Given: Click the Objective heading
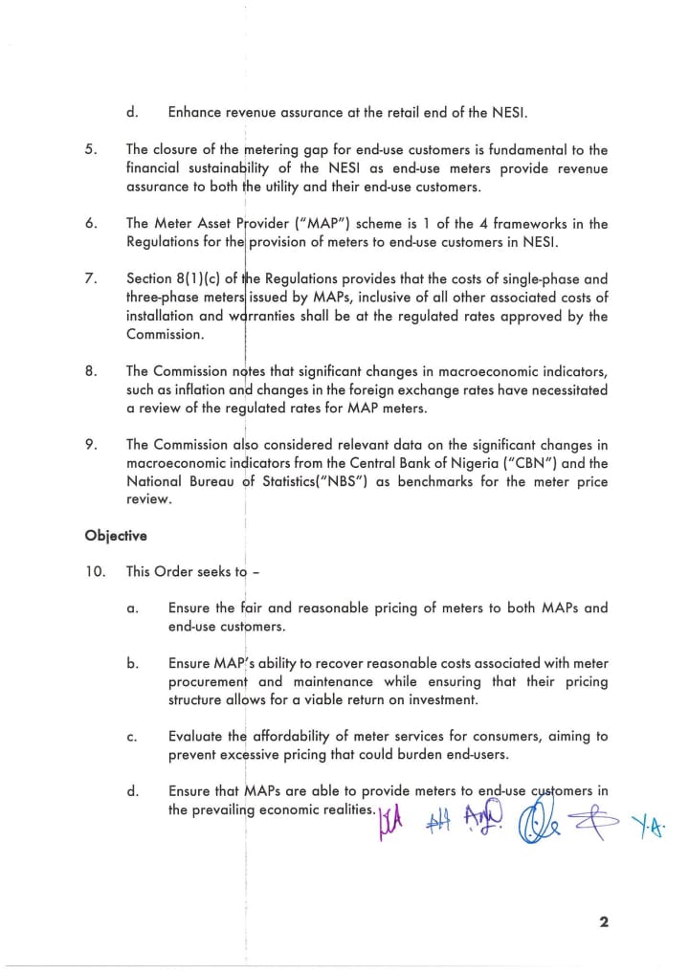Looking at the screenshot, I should tap(115, 536).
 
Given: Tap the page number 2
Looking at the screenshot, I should tap(604, 922).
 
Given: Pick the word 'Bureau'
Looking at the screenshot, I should tap(209, 482).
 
